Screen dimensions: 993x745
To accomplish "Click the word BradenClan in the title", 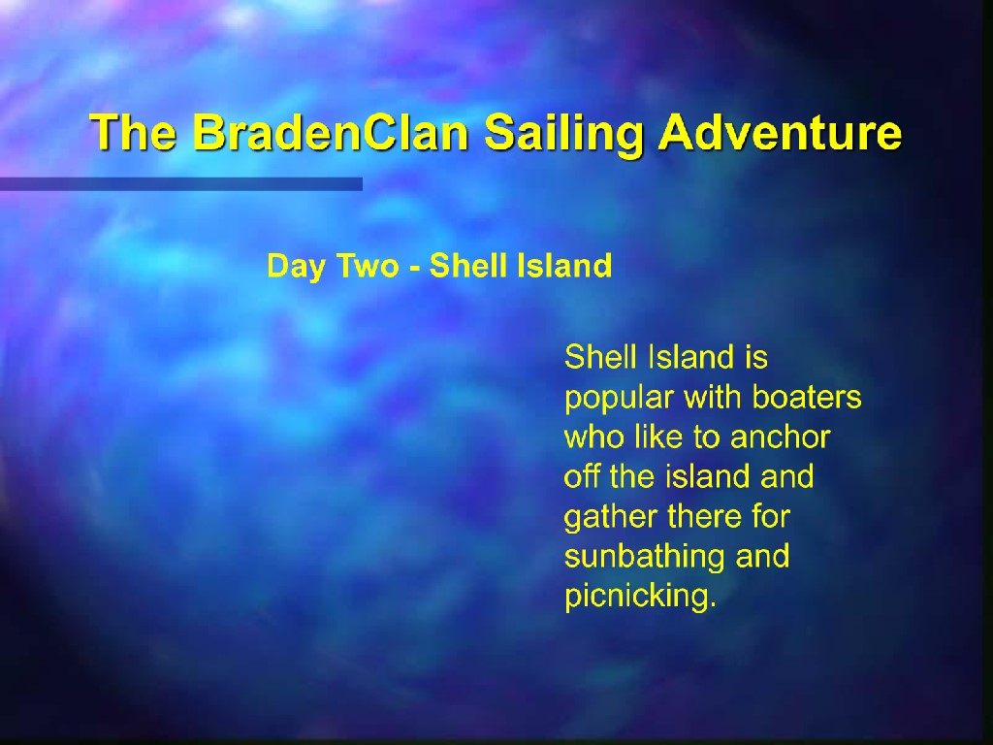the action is (x=330, y=132).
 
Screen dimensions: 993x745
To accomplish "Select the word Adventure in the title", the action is (x=780, y=132).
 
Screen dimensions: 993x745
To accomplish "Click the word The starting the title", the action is (x=133, y=132).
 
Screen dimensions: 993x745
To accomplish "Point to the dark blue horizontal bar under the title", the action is (x=181, y=183).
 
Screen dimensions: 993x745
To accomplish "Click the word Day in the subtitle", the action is (x=297, y=267).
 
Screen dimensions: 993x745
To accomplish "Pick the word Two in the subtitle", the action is (x=368, y=266).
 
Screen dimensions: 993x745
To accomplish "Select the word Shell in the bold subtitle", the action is (x=467, y=266).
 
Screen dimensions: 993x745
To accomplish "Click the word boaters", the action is (x=806, y=397).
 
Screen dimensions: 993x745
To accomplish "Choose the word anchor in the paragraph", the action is (x=781, y=437).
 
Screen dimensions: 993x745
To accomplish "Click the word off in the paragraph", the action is (x=582, y=476).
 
